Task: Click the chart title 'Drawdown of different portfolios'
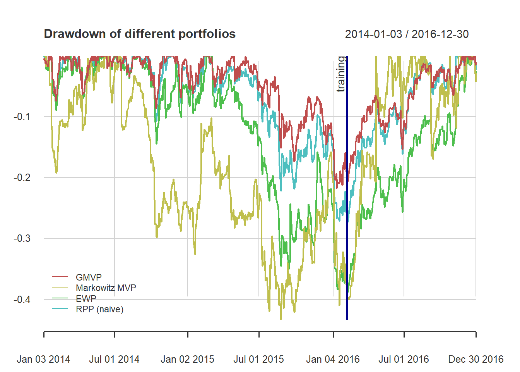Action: pyautogui.click(x=140, y=34)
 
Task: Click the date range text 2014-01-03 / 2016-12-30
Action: pyautogui.click(x=407, y=34)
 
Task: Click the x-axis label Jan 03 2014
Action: pyautogui.click(x=43, y=359)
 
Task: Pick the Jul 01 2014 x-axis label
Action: pyautogui.click(x=114, y=359)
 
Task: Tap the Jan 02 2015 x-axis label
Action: pyautogui.click(x=187, y=359)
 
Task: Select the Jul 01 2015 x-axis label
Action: pyautogui.click(x=258, y=359)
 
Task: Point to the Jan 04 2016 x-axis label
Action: pyautogui.click(x=333, y=359)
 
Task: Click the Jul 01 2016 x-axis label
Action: pyautogui.click(x=404, y=359)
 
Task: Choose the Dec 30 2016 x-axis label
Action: pyautogui.click(x=476, y=359)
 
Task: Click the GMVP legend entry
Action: pyautogui.click(x=89, y=277)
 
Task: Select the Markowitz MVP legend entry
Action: pyautogui.click(x=106, y=288)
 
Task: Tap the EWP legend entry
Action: pyautogui.click(x=86, y=298)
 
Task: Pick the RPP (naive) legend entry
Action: pyautogui.click(x=99, y=309)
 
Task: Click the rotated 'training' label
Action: pyautogui.click(x=340, y=74)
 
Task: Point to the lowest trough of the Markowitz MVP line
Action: pyautogui.click(x=281, y=319)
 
